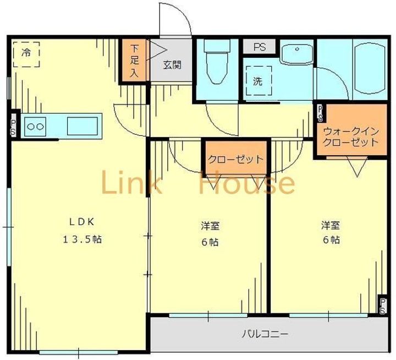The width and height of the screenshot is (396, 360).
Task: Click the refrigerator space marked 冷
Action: [26, 54]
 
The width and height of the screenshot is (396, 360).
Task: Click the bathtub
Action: [370, 69]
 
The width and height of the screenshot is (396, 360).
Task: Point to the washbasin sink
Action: [297, 54]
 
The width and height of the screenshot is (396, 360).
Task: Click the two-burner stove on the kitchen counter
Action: [35, 127]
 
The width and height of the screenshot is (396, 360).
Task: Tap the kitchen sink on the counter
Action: [82, 126]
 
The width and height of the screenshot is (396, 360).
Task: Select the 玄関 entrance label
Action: [172, 66]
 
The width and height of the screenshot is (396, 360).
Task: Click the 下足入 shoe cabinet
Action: [134, 61]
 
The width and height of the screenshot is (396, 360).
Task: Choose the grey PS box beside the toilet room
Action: [260, 47]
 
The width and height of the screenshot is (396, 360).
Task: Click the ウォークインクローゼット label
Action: [351, 137]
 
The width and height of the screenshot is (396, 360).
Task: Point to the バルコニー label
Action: [265, 334]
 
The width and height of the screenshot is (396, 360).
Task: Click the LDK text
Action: [82, 222]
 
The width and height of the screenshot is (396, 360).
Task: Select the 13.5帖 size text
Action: [82, 239]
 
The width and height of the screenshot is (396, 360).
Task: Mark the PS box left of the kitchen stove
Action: [13, 127]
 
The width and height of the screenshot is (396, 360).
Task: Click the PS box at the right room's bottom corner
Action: [382, 305]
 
